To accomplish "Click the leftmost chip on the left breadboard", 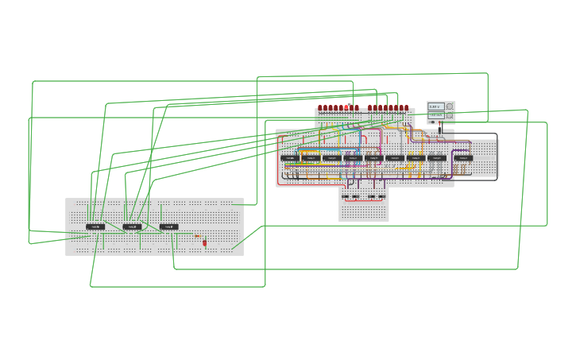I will pos(95,226).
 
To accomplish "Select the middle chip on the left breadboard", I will pos(133,226).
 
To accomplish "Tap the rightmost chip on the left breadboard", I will pos(168,226).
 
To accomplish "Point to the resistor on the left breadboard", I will pos(197,236).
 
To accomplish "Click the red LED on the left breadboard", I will pos(204,242).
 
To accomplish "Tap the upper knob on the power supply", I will pos(450,106).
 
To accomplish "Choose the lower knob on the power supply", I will pos(450,115).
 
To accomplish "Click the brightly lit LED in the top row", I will pos(347,107).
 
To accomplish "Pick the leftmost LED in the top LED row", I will pos(320,108).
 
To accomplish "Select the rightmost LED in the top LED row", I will pos(406,108).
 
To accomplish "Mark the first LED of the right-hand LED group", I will pos(370,108).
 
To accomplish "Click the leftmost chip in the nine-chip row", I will pos(290,158).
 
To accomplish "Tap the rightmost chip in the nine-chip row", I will pos(463,158).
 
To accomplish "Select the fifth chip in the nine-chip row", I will pos(373,158).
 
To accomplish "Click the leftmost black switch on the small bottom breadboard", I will pos(345,196).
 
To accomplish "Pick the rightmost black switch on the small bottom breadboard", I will pos(382,196).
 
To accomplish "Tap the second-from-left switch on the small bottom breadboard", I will pos(355,196).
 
